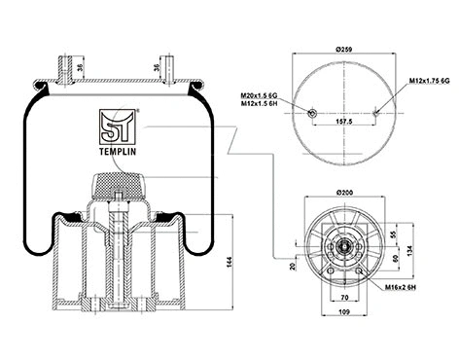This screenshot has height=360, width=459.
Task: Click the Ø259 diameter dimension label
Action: coord(343,49)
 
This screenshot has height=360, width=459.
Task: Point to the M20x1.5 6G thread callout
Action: coord(261,95)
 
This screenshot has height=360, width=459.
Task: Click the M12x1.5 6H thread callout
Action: coord(261,104)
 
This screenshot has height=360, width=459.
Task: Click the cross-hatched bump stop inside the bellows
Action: coord(118,182)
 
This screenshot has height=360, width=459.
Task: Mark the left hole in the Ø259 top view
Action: coord(312,113)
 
